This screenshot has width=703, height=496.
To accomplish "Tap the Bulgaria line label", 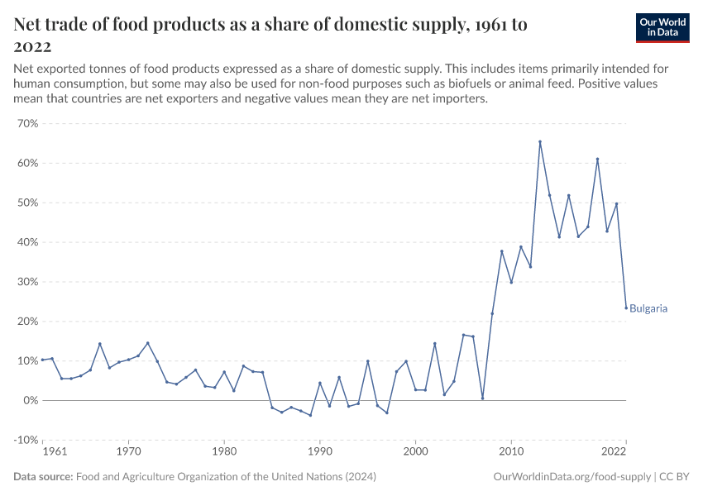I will [648, 309].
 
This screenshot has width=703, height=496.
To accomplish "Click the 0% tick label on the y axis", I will [31, 401].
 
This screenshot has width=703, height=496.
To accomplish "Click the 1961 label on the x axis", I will [54, 452].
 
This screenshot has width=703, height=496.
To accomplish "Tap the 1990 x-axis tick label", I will [320, 452].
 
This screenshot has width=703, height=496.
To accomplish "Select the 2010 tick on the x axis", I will [511, 452].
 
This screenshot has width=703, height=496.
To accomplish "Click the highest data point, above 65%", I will [540, 141].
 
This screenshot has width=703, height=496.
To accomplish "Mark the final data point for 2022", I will [626, 308].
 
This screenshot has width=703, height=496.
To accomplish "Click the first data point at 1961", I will [43, 360].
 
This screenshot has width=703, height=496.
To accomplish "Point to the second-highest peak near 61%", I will [597, 160].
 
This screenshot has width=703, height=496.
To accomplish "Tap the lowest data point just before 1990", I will [310, 415].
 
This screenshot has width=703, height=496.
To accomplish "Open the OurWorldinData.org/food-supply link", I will [571, 477].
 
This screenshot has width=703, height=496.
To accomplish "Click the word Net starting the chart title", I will [31, 25].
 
